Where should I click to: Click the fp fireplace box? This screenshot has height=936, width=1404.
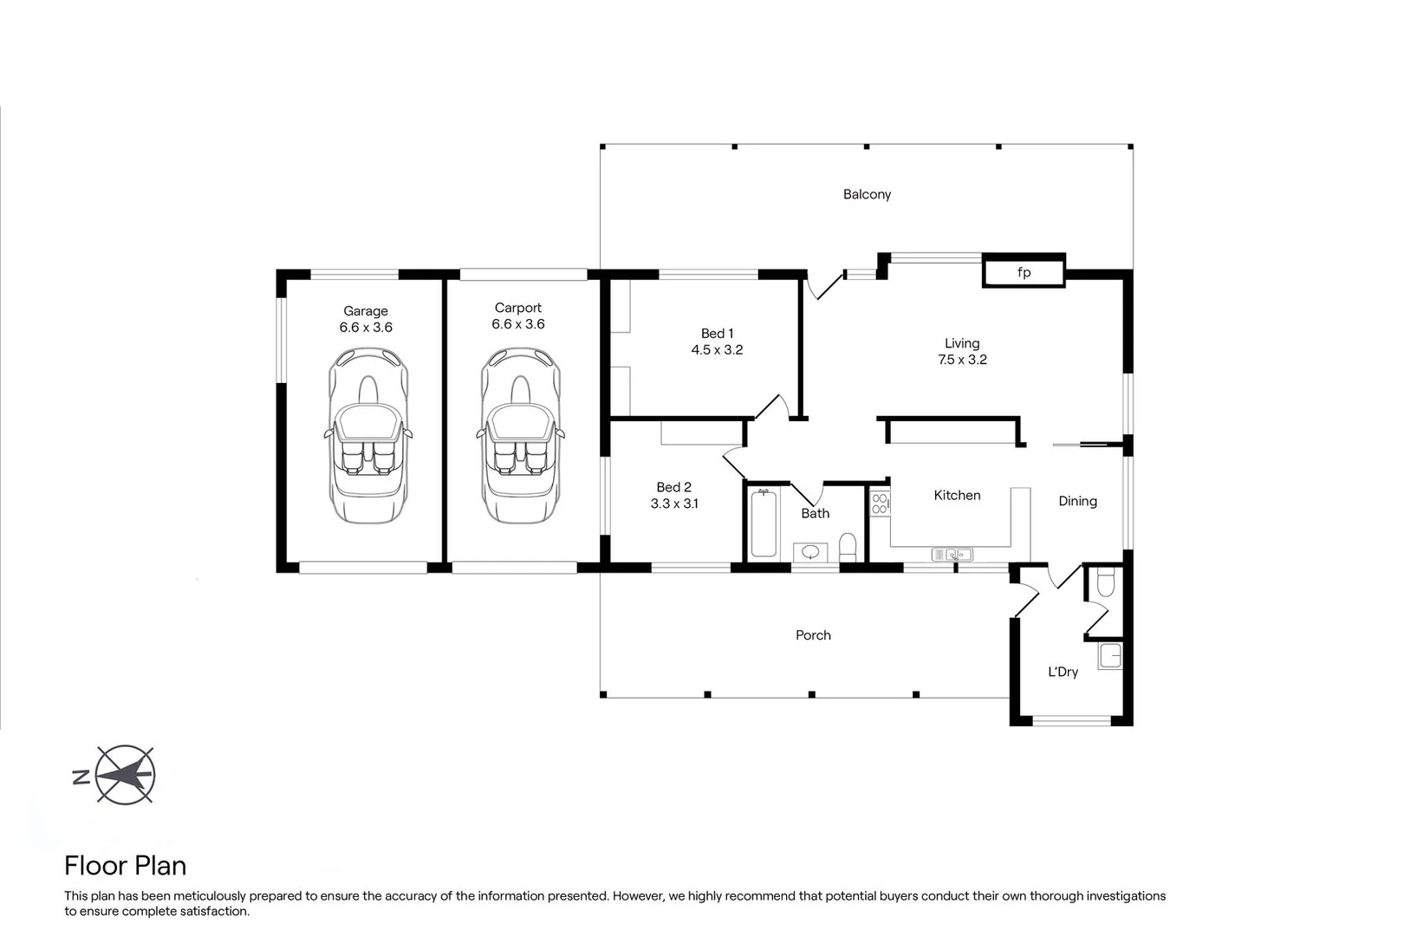point(1023,273)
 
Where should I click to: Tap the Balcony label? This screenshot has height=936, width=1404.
point(867,194)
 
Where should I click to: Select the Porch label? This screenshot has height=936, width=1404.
point(813,635)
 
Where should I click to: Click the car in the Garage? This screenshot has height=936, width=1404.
point(367,435)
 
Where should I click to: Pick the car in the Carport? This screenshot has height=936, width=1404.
point(519,435)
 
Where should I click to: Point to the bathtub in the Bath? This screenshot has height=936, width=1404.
point(764,523)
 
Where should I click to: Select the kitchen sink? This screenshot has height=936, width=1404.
point(952,554)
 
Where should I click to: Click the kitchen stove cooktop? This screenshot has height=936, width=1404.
point(880,503)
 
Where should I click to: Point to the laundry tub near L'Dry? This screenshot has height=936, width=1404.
point(1110,655)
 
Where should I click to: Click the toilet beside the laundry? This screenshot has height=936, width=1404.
point(1104,583)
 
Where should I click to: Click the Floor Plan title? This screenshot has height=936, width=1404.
point(126,866)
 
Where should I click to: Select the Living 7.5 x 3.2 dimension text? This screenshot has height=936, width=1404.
point(962,360)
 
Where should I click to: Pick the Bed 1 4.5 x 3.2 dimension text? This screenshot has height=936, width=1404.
point(717,350)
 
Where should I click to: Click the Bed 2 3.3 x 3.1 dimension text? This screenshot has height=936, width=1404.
point(674,504)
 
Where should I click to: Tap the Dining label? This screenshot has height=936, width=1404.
point(1077,501)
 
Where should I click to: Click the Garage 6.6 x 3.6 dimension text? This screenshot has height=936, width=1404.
point(366,328)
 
